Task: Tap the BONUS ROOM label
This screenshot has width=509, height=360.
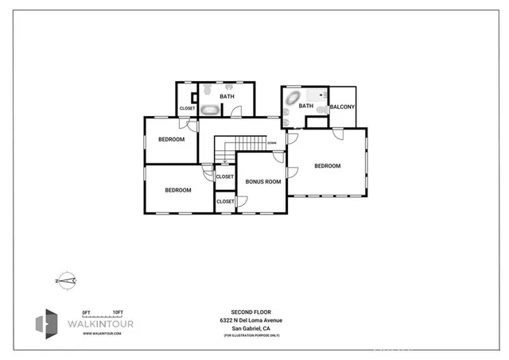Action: tap(263, 182)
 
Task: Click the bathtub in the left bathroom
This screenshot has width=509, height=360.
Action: tap(209, 109)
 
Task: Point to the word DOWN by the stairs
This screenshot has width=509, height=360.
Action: tap(271, 143)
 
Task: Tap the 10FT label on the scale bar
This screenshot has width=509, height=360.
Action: tap(117, 312)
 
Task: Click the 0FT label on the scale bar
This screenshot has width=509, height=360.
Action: tap(87, 312)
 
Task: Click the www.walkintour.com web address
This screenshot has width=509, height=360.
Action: tap(103, 334)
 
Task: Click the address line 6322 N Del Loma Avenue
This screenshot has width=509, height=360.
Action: tap(251, 320)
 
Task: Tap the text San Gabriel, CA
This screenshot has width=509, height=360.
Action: tap(251, 328)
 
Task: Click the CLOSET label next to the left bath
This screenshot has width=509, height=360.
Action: tap(187, 108)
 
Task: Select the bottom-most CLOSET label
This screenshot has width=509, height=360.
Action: tap(225, 201)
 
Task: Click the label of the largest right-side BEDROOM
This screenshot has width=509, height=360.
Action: tap(327, 166)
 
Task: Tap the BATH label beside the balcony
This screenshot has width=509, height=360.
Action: tap(306, 106)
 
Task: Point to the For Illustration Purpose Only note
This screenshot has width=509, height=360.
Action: tap(251, 335)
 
